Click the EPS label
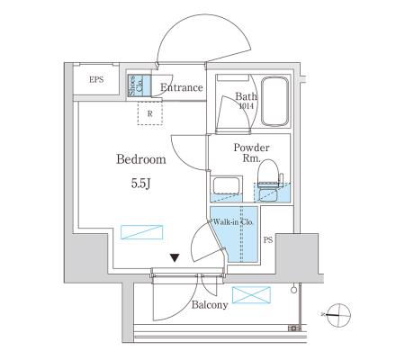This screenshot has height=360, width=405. click(96, 80)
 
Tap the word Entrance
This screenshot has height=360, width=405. click(182, 87)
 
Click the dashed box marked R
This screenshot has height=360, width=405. click(150, 112)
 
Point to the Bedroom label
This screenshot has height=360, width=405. click(141, 159)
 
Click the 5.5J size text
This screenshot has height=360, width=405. click(140, 184)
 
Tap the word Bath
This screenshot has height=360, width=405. click(246, 96)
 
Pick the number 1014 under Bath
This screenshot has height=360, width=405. click(247, 106)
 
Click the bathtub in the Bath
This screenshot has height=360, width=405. click(274, 102)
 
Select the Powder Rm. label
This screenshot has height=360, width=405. click(251, 153)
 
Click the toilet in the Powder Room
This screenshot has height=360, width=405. click(269, 177)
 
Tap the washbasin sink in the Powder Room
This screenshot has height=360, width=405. click(226, 185)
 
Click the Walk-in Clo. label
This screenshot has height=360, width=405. click(233, 222)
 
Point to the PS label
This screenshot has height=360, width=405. click(268, 240)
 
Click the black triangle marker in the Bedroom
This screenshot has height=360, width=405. click(175, 257)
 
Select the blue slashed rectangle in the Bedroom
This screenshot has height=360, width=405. click(141, 232)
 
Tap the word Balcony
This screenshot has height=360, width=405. click(210, 305)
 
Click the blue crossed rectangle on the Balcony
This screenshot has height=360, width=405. click(251, 295)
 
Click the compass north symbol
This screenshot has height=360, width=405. click(338, 315)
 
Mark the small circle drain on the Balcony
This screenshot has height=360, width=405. click(293, 290)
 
